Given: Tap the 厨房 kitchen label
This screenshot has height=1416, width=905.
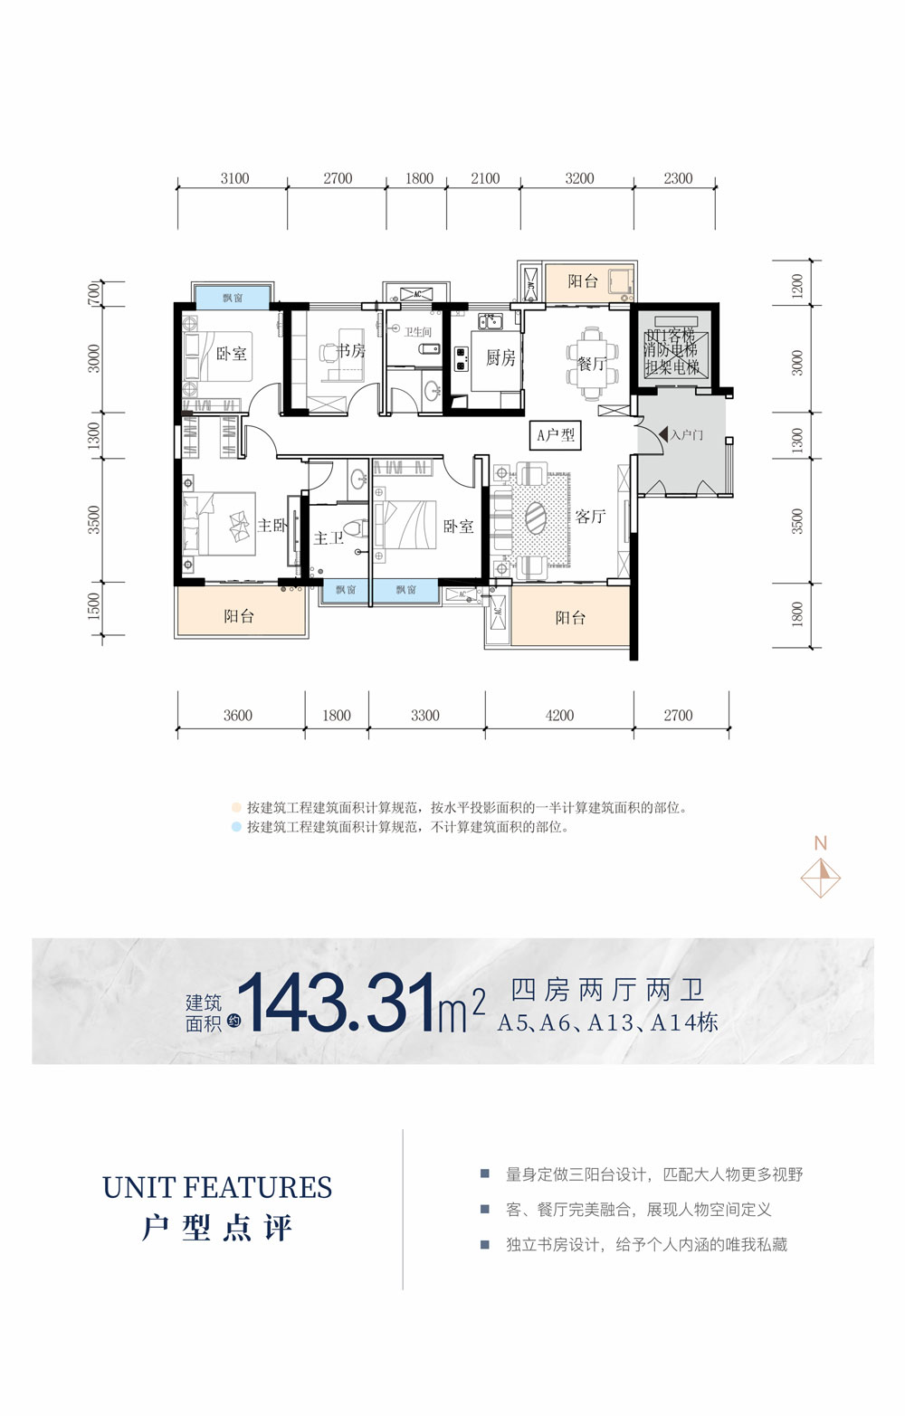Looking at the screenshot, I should pos(500,358).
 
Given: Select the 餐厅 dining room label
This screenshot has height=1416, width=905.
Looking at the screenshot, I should pos(591,364).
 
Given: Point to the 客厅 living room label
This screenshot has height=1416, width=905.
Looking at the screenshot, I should pos(590,517).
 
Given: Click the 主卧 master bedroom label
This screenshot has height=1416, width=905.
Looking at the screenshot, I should pos(272,525).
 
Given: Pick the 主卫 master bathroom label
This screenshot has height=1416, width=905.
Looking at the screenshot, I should pos(329,538).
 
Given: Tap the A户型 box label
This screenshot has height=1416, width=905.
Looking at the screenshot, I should pos(556,435).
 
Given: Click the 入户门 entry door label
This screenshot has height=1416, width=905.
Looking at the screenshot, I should pos(686,435).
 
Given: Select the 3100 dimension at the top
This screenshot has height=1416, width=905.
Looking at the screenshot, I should pos(234,179).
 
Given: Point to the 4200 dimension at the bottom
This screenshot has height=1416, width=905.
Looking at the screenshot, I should pos(559,716).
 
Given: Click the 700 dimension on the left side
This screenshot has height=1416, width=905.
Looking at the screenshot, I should pos(94,293).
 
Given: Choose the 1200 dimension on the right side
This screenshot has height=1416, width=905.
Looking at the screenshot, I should pos(797,286).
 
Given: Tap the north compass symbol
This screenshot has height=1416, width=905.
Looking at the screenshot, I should pos(822,876).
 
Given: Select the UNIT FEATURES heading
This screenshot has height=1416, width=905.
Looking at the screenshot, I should pos(217,1187).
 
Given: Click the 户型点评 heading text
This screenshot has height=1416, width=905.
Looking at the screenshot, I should pos(217,1229).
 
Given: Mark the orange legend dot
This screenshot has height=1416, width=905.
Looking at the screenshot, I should pos(236,808).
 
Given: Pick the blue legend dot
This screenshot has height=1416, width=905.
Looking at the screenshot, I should pos(236,827).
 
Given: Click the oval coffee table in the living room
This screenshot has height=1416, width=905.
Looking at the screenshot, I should pos(536,520).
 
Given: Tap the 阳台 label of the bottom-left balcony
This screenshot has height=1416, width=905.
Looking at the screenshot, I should pos(239,617).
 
